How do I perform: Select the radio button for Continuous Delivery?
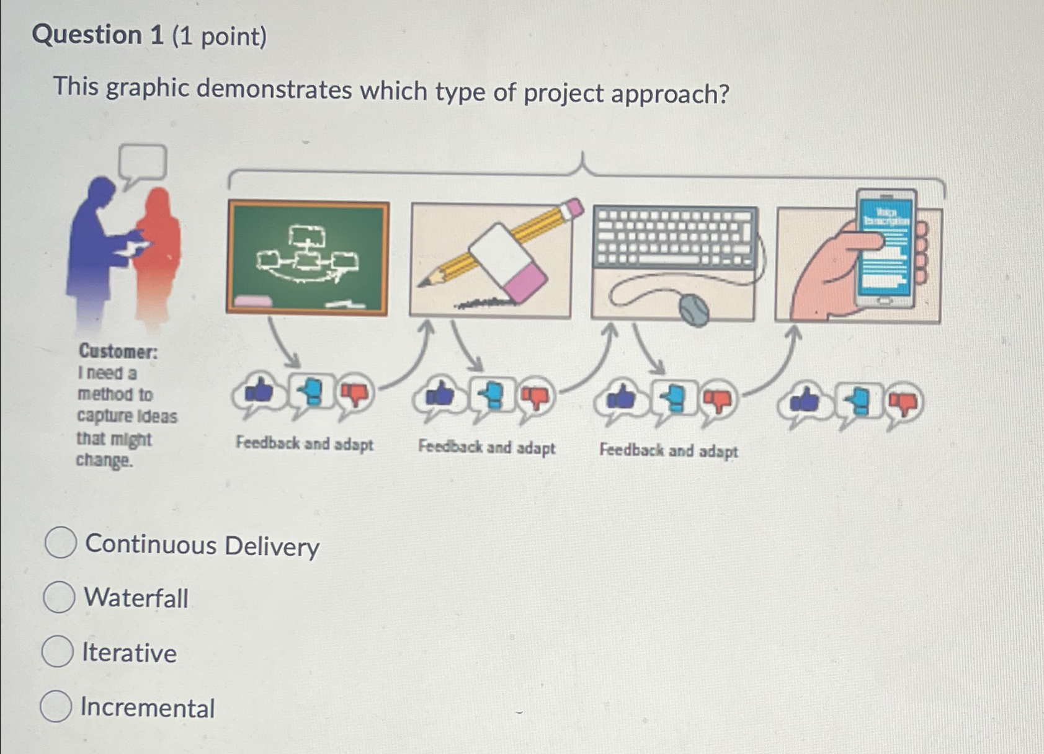[61, 543]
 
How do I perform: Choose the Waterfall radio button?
[60, 597]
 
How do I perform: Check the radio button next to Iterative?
[58, 651]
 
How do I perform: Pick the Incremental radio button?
[56, 706]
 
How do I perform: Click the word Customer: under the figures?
[118, 352]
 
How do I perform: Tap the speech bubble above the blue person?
[143, 163]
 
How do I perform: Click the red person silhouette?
[159, 254]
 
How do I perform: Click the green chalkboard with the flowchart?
[308, 257]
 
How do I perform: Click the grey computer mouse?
[694, 309]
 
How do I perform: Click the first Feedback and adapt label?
[305, 444]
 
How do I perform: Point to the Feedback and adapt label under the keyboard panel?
[669, 450]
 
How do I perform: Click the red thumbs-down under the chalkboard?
[355, 393]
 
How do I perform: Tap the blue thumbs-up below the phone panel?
[805, 401]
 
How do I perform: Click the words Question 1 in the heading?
[97, 35]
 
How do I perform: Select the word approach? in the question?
[670, 94]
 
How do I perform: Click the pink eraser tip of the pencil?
[574, 207]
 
